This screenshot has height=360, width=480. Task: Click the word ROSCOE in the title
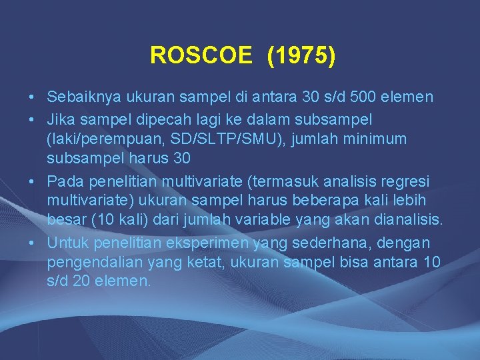(x=201, y=55)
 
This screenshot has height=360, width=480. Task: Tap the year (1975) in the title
(x=301, y=55)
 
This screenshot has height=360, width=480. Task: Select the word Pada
(x=63, y=181)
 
